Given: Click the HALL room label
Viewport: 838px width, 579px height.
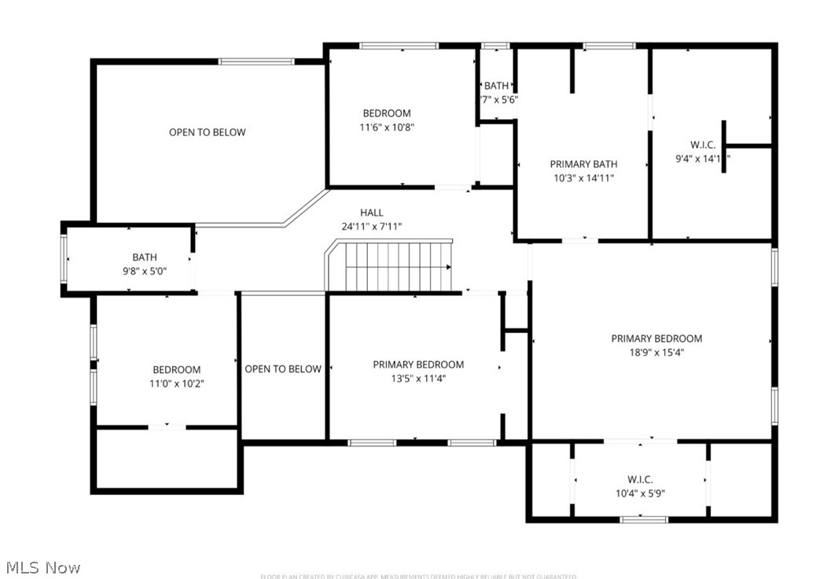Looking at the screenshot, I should coord(372,212).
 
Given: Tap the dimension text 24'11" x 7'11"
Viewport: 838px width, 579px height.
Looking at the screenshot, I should coord(372,226).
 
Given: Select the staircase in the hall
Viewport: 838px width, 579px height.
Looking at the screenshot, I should coord(398,266).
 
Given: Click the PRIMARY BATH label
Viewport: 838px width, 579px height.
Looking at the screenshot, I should coord(583,164).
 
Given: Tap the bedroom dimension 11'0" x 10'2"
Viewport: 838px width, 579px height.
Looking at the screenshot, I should coord(176,383).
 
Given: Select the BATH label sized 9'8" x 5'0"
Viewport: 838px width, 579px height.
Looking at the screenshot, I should coord(145,257).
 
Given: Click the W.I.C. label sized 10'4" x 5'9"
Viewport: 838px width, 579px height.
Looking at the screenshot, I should coord(640,479).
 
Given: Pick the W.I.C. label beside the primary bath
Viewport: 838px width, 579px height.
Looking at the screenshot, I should coord(702,145).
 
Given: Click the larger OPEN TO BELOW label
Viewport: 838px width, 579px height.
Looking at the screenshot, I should coord(208,132).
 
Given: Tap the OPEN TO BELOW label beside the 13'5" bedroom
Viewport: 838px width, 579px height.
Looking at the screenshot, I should coord(283,369).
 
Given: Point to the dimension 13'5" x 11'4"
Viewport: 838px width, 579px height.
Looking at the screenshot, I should coord(418,378).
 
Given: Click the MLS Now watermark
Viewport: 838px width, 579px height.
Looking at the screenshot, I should coord(43,566).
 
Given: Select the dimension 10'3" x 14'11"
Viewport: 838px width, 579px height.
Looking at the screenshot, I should coord(583,178).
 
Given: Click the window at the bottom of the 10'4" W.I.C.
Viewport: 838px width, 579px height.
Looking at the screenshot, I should coord(644,519).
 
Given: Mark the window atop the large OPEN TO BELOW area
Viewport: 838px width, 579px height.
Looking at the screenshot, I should coord(256,61).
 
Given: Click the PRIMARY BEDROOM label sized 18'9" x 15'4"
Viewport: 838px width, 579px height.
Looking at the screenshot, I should coord(656,339).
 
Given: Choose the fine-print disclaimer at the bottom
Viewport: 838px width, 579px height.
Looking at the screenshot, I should coord(418,576).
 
